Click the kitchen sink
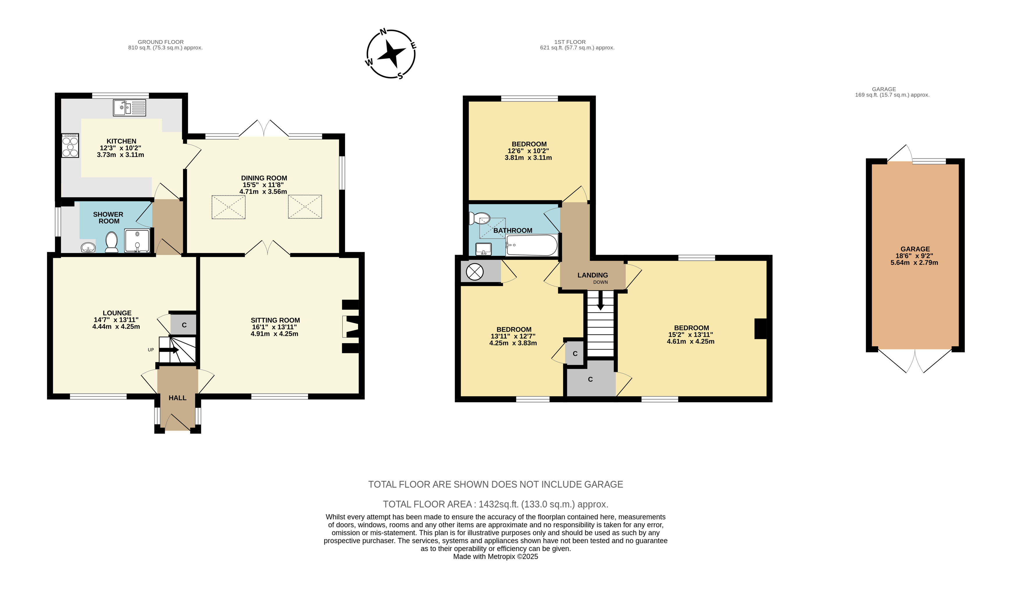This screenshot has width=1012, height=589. click(x=129, y=108)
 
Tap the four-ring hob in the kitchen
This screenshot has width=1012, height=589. click(x=70, y=146)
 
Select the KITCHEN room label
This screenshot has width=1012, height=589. click(x=121, y=141)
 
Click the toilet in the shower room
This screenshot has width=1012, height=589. click(x=111, y=243)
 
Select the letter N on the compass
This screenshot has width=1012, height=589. click(x=383, y=32)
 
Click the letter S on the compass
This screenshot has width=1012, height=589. click(x=400, y=76)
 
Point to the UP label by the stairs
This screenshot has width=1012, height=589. click(x=151, y=350)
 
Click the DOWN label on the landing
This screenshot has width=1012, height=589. click(x=600, y=282)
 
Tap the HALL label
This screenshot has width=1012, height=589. click(x=177, y=398)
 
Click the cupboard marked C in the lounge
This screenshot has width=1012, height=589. click(x=184, y=325)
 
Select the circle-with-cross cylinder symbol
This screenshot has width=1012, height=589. click(x=475, y=272)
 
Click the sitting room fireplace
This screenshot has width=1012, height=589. click(x=351, y=326)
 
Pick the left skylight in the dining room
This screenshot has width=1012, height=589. click(x=229, y=207)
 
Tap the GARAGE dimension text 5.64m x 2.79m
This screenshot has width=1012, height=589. click(x=915, y=263)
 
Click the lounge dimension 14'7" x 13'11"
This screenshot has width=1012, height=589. click(x=116, y=320)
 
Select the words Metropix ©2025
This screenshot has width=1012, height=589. click(x=513, y=556)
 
